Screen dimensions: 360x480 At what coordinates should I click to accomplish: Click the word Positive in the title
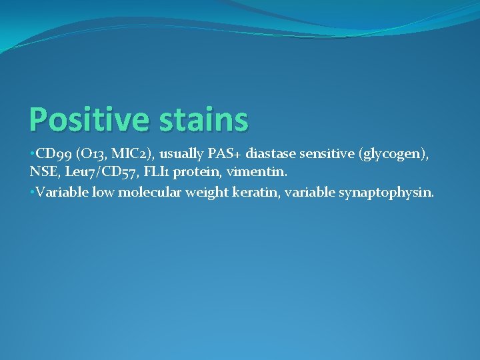point(87,120)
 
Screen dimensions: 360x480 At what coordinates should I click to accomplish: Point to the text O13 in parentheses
point(89,155)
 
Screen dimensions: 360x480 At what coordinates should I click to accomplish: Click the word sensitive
point(328,155)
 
